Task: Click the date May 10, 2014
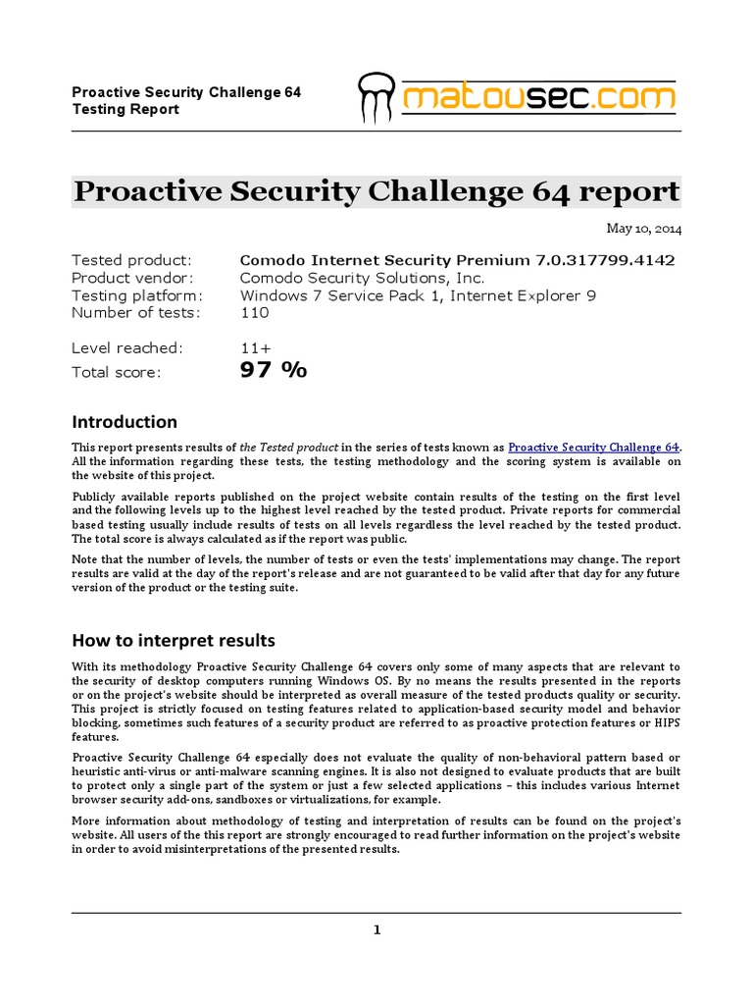click(643, 229)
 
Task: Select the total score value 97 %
click(274, 370)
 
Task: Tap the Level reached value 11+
click(256, 347)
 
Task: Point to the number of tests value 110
click(254, 313)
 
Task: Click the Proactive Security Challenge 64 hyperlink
click(593, 447)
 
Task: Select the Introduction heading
click(125, 422)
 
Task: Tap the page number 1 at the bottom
click(376, 930)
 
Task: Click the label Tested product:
click(132, 260)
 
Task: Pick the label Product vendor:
click(134, 278)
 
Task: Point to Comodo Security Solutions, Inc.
click(362, 278)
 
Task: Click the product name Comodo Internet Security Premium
click(385, 260)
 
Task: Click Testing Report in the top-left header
click(125, 109)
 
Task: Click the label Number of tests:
click(135, 313)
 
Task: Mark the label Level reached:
click(126, 347)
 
